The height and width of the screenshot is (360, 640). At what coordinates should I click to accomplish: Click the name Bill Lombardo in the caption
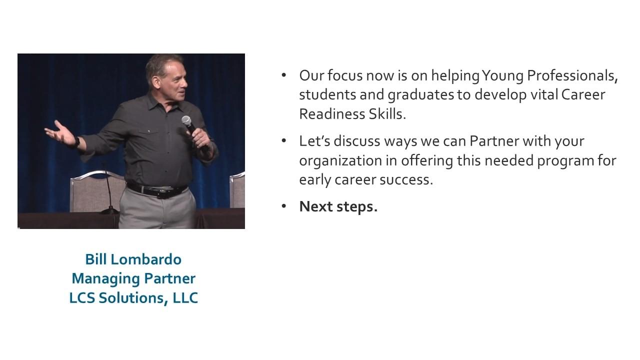133,259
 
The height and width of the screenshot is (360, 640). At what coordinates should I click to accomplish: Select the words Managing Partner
133,279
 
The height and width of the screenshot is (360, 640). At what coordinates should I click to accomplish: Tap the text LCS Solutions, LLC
133,298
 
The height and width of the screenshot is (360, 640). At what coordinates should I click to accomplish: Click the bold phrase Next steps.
338,206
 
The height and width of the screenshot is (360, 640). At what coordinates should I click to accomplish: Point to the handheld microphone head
186,120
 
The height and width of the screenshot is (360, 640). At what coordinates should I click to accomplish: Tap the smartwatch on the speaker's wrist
77,142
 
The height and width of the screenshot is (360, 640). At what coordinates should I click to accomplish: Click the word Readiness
332,114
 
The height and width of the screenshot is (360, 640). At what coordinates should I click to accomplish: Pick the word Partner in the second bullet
494,141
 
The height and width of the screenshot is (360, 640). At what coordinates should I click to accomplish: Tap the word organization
340,161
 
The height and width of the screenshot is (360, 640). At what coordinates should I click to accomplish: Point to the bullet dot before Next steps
283,206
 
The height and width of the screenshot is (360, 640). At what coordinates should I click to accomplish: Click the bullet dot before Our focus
283,75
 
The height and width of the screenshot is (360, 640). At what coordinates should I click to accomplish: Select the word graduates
421,95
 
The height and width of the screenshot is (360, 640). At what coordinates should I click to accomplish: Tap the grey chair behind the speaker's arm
97,191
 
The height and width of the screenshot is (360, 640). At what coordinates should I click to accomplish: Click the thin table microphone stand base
109,211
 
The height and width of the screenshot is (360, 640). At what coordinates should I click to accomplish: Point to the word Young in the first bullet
502,76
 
